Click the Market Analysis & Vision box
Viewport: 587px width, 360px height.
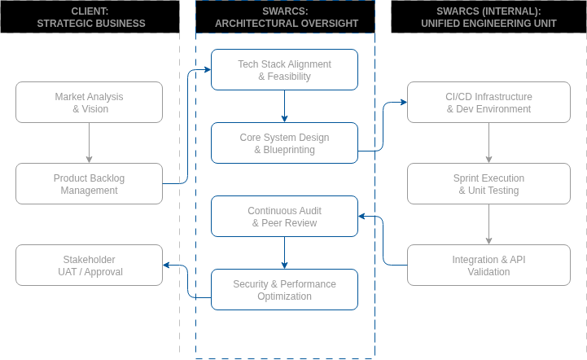[x=90, y=102]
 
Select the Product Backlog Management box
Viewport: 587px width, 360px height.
[x=90, y=183]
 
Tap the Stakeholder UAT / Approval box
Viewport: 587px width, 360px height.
[x=90, y=265]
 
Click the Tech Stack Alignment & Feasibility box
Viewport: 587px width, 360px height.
[x=284, y=69]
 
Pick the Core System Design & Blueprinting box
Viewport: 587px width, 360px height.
[x=284, y=143]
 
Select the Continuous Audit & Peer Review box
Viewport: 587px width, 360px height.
[x=284, y=216]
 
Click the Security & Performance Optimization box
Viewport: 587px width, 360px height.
[x=284, y=289]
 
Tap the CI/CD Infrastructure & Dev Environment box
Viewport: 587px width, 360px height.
[x=488, y=102]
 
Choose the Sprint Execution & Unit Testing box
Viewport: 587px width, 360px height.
[x=488, y=183]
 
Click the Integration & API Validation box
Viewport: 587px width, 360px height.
[x=488, y=265]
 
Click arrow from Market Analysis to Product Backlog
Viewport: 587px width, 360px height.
[x=90, y=143]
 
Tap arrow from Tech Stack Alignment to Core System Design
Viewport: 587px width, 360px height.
[x=284, y=106]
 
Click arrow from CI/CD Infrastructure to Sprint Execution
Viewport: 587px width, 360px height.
[x=488, y=143]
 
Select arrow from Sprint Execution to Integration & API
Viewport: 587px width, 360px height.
[x=488, y=224]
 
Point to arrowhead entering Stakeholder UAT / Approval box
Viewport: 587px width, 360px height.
[x=167, y=265]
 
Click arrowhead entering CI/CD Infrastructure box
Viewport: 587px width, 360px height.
[x=403, y=102]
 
